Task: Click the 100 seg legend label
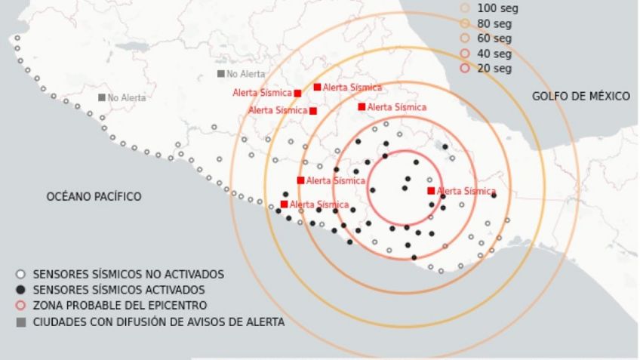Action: click(x=497, y=8)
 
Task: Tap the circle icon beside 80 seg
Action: click(x=465, y=23)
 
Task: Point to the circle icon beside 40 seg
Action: click(x=465, y=54)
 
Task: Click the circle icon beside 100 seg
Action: click(x=465, y=8)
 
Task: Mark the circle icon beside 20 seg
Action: click(x=465, y=69)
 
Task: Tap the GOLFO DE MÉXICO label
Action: click(x=580, y=96)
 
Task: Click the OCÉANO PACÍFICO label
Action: click(x=94, y=196)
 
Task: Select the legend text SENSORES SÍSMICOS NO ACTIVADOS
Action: click(x=128, y=274)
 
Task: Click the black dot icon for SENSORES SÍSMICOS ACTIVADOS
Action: click(x=21, y=290)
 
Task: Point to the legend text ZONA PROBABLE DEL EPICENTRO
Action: click(x=120, y=306)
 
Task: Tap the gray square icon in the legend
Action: click(x=21, y=322)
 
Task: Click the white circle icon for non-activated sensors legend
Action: click(x=21, y=274)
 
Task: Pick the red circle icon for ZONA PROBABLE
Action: click(x=21, y=306)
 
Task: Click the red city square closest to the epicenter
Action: click(x=431, y=191)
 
